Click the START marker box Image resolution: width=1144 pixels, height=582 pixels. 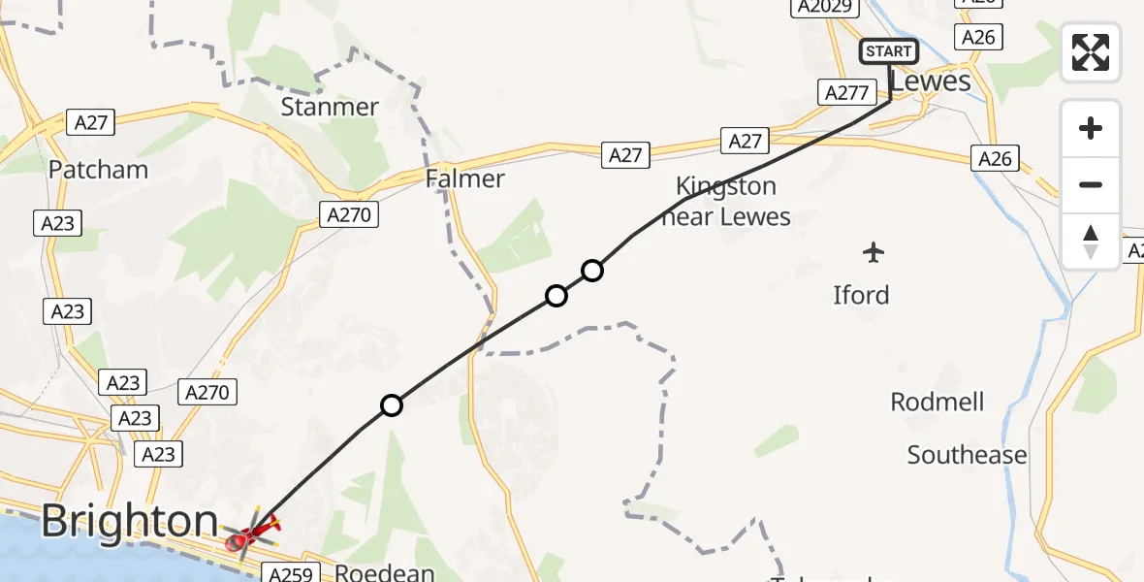pyautogui.click(x=888, y=51)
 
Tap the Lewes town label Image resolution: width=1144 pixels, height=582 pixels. pyautogui.click(x=930, y=81)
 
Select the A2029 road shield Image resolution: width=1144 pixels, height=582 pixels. pyautogui.click(x=826, y=8)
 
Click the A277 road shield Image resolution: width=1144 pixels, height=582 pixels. pyautogui.click(x=845, y=92)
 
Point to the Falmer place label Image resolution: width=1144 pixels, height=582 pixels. pyautogui.click(x=465, y=178)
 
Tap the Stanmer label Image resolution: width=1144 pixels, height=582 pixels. pyautogui.click(x=330, y=106)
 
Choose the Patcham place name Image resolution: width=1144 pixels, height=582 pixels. pyautogui.click(x=99, y=170)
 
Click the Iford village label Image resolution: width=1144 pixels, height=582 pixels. pyautogui.click(x=861, y=295)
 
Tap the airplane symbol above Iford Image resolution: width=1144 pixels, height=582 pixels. pyautogui.click(x=874, y=253)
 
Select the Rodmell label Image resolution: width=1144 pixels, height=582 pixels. pyautogui.click(x=937, y=402)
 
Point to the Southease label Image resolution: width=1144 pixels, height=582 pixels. pyautogui.click(x=967, y=455)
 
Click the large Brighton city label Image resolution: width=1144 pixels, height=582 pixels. pyautogui.click(x=130, y=522)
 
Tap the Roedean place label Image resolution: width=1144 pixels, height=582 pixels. pyautogui.click(x=385, y=572)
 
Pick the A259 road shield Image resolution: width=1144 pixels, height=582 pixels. pyautogui.click(x=290, y=574)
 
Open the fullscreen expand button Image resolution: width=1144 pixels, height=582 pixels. pyautogui.click(x=1091, y=51)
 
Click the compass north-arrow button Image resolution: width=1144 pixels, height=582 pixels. pyautogui.click(x=1091, y=242)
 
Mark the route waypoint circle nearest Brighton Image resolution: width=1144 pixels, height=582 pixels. pyautogui.click(x=391, y=405)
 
